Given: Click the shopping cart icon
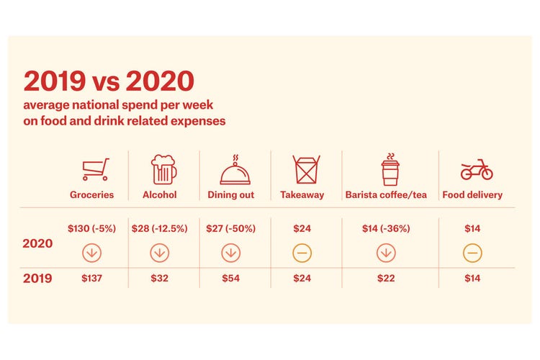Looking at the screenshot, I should [95, 170].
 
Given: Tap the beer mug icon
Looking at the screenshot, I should [163, 169].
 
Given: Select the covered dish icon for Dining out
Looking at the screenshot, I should [235, 171].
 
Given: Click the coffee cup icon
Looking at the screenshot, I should [390, 169].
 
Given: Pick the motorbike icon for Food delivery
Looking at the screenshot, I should [476, 170].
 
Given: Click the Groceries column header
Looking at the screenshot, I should [91, 195].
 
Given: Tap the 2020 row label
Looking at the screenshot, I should [38, 244].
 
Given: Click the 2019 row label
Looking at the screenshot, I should [38, 278].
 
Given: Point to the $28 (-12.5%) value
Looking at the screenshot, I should [160, 229].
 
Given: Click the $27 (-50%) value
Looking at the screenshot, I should [230, 229].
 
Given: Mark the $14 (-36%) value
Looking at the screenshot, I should [386, 229].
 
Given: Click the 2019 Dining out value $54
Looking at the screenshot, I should [230, 278].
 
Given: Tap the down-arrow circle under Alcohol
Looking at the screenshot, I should [160, 253].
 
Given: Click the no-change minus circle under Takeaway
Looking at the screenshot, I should [302, 253].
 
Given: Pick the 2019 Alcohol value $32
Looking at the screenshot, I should [160, 278].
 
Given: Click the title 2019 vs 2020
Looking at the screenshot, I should [109, 81].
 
